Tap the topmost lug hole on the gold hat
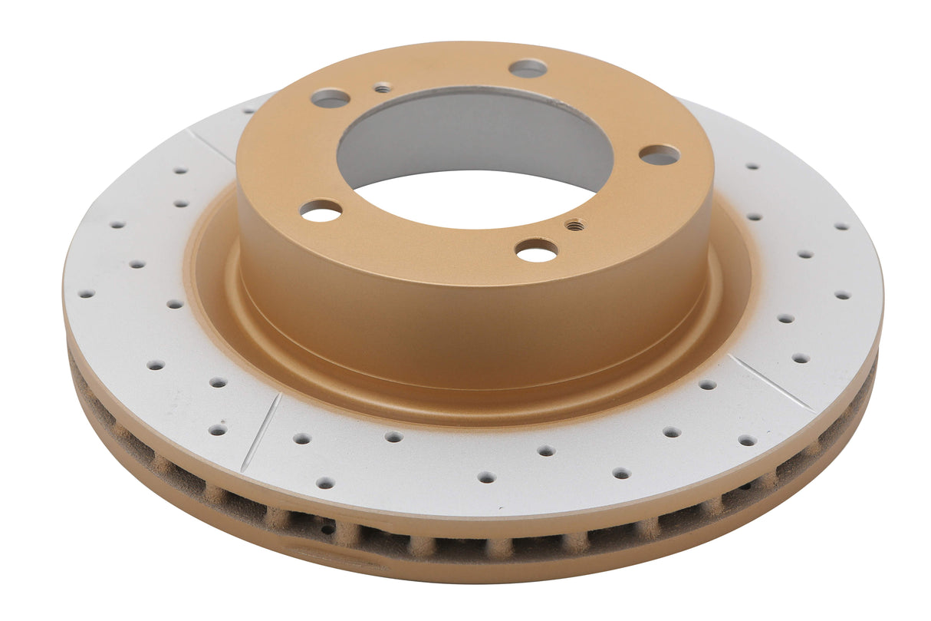(528, 68)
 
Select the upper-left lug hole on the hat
(331, 98)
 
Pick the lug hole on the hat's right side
(660, 155)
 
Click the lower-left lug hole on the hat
(321, 210)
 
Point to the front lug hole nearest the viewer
(537, 250)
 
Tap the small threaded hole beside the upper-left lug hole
(383, 88)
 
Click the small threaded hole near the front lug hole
(574, 225)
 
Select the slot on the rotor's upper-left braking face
(210, 145)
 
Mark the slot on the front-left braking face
(261, 432)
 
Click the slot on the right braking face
(770, 382)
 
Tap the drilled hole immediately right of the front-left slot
(301, 438)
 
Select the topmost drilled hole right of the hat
(752, 166)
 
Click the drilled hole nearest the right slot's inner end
(706, 384)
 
